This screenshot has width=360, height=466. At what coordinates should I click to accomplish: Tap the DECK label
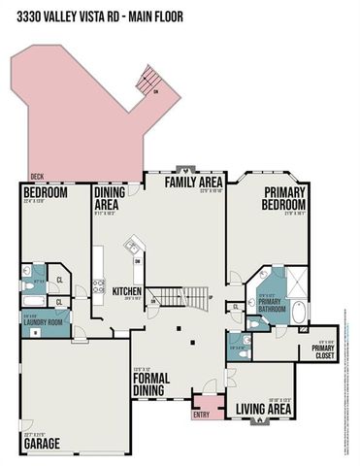36,176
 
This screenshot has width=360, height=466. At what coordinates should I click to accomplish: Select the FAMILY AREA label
193,182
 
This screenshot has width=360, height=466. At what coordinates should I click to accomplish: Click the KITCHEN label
127,290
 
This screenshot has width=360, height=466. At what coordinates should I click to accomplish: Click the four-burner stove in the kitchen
98,287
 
